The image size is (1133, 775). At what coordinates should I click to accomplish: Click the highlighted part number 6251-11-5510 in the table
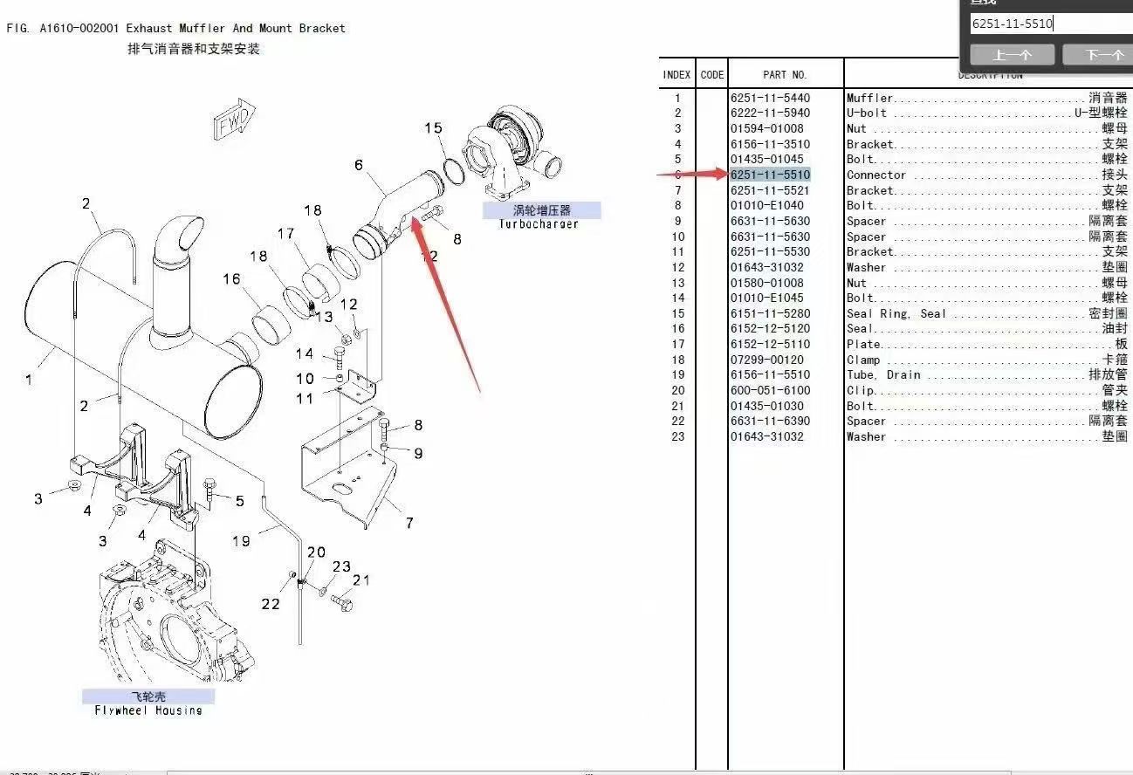point(770,175)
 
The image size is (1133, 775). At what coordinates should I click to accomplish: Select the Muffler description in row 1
point(869,99)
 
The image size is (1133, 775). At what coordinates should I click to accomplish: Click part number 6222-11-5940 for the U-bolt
point(770,113)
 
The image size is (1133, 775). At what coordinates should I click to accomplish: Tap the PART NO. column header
point(785,75)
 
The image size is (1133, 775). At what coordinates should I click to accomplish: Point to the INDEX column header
point(676,75)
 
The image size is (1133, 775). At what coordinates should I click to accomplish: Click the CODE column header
point(712,75)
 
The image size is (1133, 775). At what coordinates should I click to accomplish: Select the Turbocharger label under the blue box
point(539,224)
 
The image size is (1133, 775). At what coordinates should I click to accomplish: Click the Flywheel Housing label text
point(148,710)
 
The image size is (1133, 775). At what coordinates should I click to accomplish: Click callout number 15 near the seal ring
point(433,128)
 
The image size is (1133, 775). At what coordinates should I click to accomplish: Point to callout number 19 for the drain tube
point(241,541)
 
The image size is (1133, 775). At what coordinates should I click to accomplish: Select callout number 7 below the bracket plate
point(409,523)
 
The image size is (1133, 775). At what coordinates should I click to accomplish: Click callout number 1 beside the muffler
point(29,380)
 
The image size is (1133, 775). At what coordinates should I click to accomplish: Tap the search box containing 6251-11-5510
point(1047,24)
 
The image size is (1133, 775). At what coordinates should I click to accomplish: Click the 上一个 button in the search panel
point(1013,55)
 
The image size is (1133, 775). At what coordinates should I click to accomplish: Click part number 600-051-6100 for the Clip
point(770,390)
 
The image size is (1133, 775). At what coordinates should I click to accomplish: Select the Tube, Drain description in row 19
point(883,375)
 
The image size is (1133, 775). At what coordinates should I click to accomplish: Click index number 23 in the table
point(678,436)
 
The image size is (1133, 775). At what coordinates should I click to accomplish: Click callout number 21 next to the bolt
point(361,580)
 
